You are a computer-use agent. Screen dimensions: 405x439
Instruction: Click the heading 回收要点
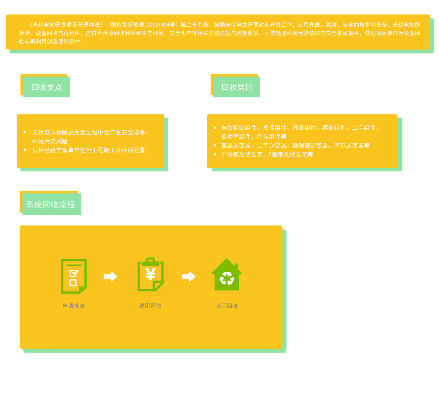point(46,87)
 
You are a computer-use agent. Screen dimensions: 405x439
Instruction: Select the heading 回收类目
point(237,87)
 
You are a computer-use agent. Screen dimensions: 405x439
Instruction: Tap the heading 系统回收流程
point(51,204)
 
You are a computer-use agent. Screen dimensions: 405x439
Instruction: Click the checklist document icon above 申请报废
point(74,276)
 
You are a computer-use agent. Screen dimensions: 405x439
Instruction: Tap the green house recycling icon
point(227,275)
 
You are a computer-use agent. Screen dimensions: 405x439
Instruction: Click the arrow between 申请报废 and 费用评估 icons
point(110,276)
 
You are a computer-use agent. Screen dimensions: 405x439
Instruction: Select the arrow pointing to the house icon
point(189,276)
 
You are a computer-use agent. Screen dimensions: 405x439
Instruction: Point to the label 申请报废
point(74,306)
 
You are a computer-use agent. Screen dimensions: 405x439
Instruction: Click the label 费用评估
point(150,306)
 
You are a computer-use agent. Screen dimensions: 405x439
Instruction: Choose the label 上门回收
point(227,306)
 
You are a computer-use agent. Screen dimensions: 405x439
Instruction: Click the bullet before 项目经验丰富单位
point(25,150)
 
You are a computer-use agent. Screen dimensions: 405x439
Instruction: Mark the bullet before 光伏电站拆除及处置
point(25,132)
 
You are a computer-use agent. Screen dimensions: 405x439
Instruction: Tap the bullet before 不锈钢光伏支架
point(215,154)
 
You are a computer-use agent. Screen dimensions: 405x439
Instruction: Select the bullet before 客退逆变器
point(215,145)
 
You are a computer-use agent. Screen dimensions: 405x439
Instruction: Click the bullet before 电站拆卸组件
point(215,128)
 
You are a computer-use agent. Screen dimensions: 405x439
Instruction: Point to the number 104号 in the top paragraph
point(168,25)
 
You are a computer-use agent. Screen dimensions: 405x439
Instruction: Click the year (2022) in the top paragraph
point(153,25)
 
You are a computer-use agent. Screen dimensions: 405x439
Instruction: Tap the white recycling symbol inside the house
point(227,279)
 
